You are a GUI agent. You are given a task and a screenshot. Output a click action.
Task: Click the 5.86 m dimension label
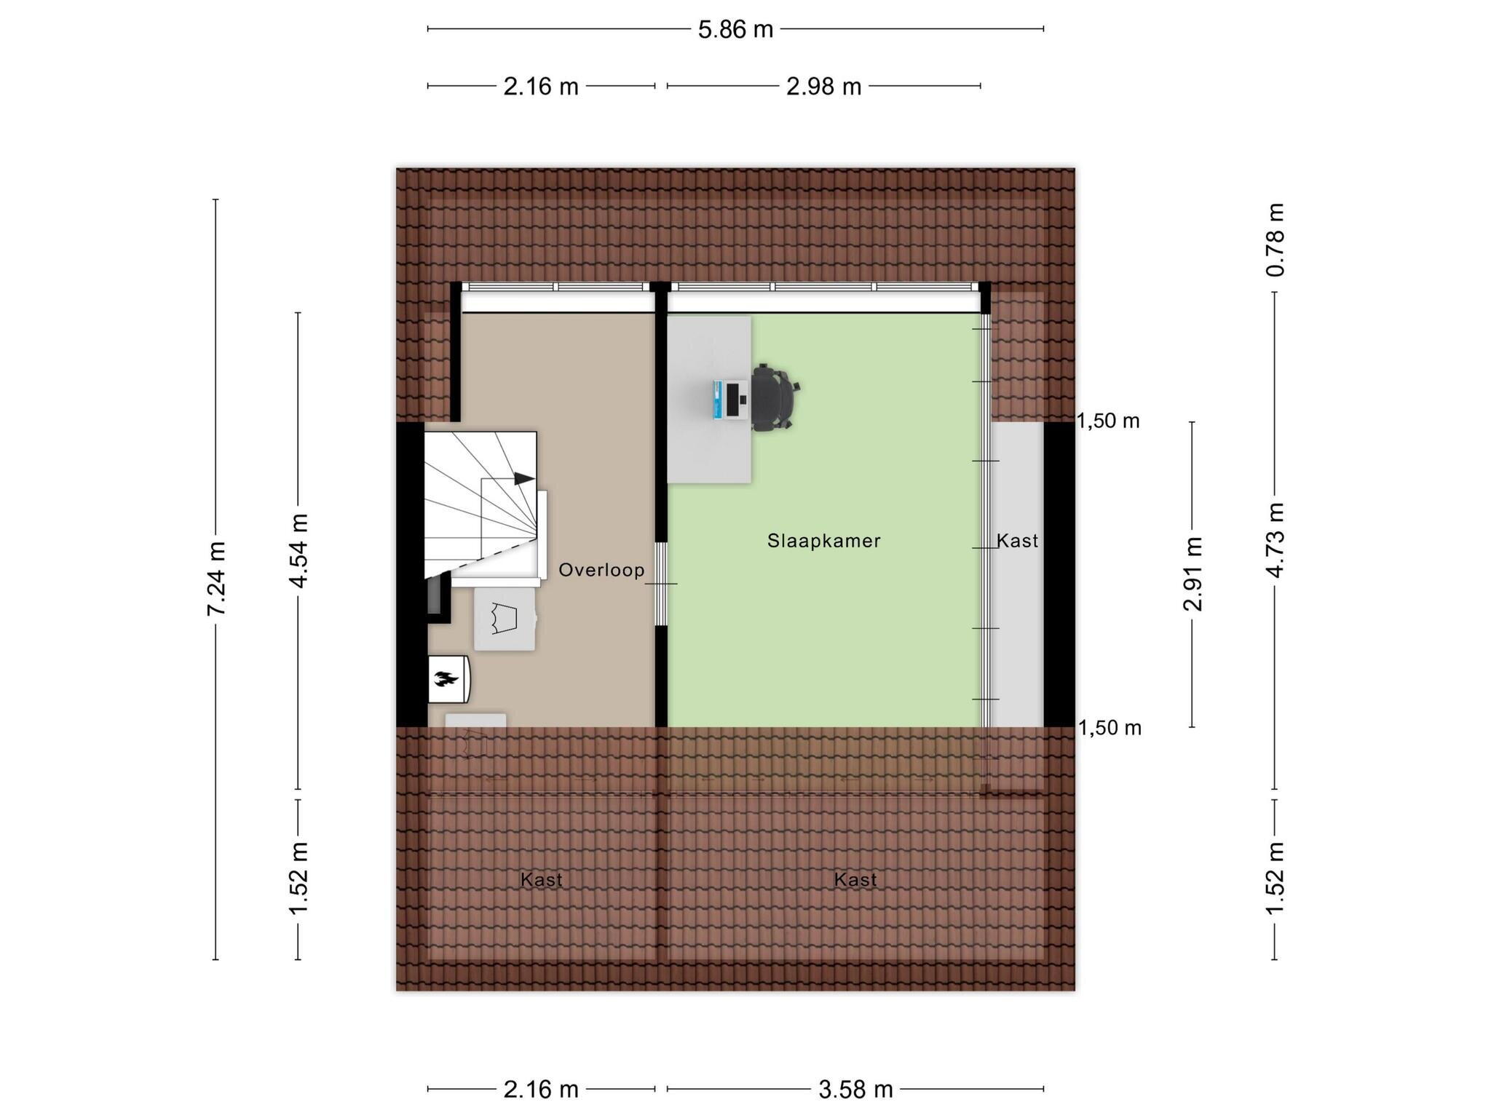click(735, 30)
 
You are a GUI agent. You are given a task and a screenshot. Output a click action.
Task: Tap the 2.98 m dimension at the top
click(823, 87)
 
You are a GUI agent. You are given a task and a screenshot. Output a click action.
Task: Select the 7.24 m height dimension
click(216, 579)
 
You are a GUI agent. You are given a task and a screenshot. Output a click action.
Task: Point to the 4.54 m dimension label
click(298, 550)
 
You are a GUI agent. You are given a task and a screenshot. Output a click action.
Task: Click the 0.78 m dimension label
click(1275, 239)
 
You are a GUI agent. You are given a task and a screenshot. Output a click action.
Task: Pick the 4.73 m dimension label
click(1275, 540)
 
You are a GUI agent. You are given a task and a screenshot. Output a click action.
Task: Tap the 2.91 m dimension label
click(1193, 574)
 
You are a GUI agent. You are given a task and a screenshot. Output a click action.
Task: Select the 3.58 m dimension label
click(855, 1090)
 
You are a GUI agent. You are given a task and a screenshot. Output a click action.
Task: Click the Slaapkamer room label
click(824, 541)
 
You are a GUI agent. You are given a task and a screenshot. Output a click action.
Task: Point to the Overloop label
click(601, 570)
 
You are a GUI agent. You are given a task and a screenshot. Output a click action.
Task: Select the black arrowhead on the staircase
click(524, 478)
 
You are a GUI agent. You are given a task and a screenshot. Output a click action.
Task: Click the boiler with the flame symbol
click(448, 679)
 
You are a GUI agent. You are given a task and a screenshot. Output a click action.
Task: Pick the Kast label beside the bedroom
click(1017, 541)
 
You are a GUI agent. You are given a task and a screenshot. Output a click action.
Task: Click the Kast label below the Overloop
click(541, 880)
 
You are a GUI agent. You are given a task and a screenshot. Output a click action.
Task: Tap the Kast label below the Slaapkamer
click(855, 880)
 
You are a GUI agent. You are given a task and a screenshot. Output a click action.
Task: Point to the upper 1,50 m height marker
click(1108, 421)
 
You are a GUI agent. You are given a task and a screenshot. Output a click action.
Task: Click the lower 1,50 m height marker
click(1109, 728)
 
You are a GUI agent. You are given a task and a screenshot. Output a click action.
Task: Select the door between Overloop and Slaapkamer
click(661, 584)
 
